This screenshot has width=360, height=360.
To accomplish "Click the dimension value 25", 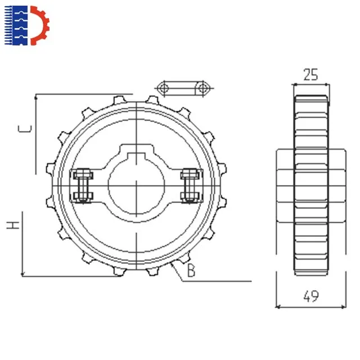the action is (x=310, y=74).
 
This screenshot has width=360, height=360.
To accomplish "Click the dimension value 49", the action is (x=311, y=296).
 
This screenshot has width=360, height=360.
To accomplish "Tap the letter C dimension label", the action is (x=25, y=129).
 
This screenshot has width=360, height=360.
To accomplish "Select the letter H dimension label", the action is (x=13, y=225).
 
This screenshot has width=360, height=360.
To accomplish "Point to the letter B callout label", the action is (x=191, y=270).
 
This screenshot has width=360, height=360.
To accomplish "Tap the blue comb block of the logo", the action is (x=16, y=25).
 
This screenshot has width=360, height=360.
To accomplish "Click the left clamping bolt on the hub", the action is (x=83, y=186).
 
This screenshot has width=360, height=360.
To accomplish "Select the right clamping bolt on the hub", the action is (x=190, y=186).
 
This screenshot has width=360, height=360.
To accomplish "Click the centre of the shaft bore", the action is (x=136, y=186).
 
